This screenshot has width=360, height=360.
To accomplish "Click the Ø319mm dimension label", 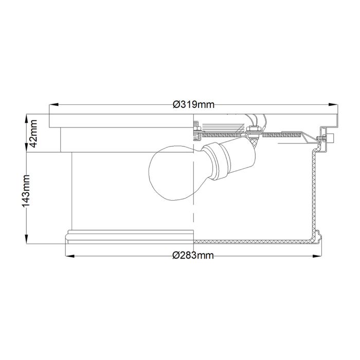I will [x=193, y=105].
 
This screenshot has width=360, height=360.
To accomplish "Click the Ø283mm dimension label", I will [x=193, y=256].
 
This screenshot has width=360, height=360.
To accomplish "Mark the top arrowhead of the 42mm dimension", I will [x=26, y=117].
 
